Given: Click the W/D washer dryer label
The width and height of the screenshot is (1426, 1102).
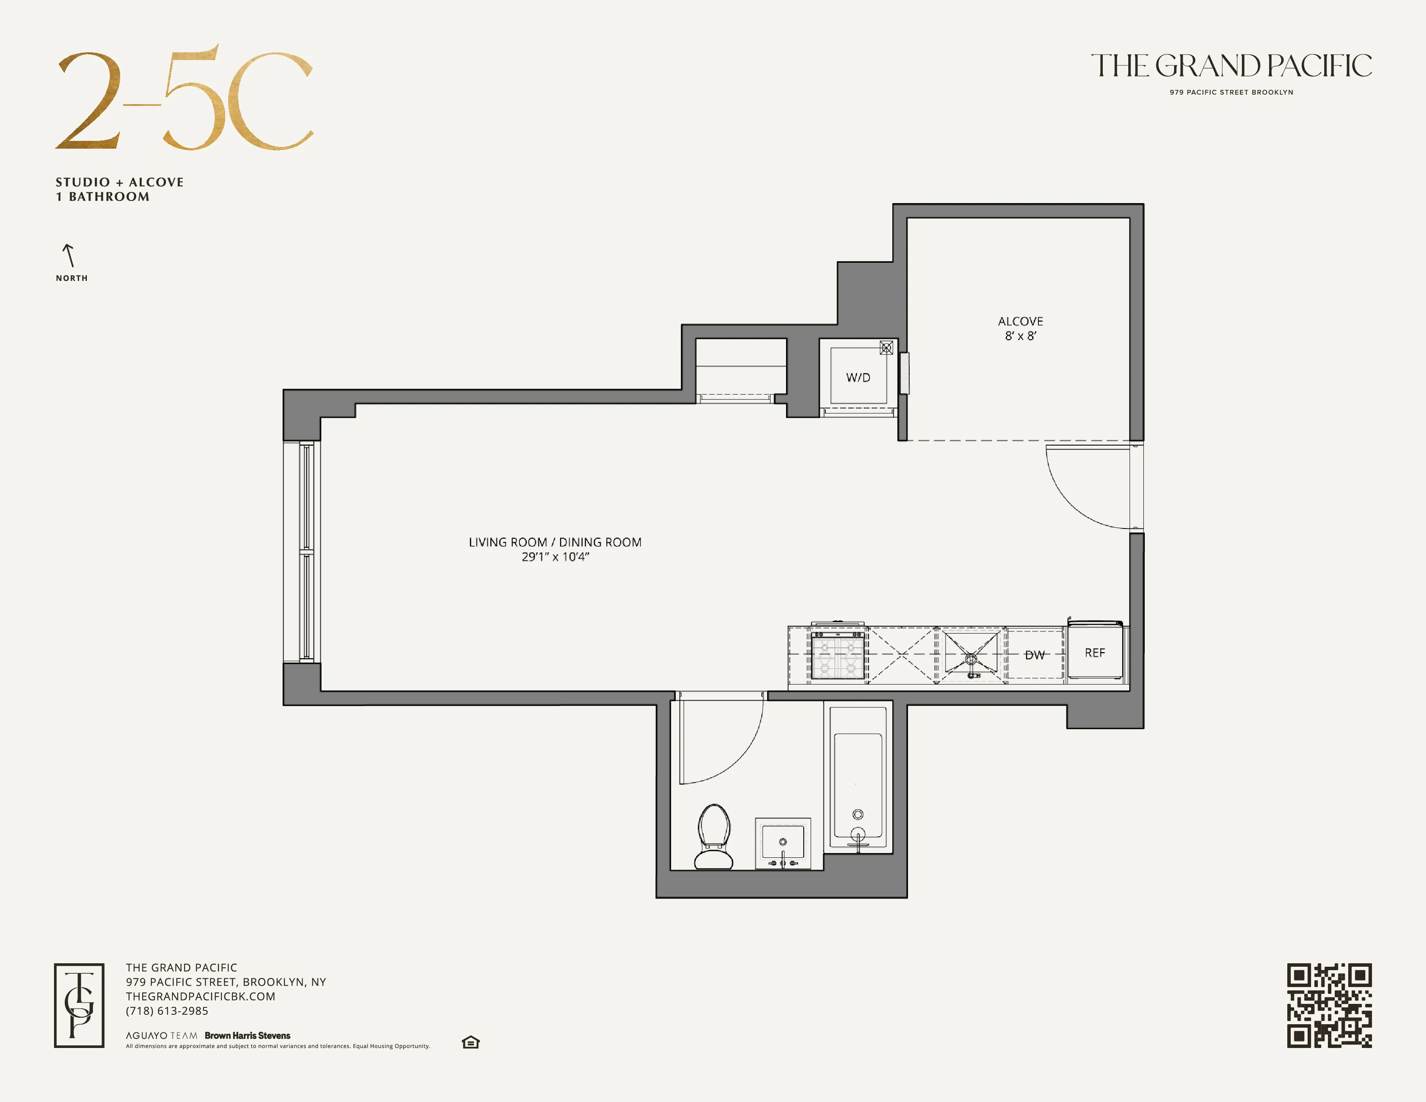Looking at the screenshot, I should pyautogui.click(x=858, y=377).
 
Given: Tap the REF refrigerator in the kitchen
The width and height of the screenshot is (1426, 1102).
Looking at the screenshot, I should pyautogui.click(x=1095, y=653).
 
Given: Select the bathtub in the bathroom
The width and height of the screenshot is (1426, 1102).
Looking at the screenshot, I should pyautogui.click(x=858, y=780).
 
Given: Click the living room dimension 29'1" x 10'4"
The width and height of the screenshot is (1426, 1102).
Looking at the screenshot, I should pyautogui.click(x=555, y=557).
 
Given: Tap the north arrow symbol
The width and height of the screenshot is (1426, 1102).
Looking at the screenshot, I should pyautogui.click(x=69, y=255).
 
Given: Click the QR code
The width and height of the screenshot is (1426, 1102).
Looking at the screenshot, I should pyautogui.click(x=1329, y=1005).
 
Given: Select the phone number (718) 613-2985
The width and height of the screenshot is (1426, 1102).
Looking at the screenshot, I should pyautogui.click(x=167, y=1011).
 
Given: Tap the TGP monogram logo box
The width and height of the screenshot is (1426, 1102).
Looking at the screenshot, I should pyautogui.click(x=79, y=1005).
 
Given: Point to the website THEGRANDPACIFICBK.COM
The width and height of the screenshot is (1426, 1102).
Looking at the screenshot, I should pyautogui.click(x=201, y=996).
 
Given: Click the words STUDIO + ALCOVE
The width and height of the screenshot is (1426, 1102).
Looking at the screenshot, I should pyautogui.click(x=120, y=182).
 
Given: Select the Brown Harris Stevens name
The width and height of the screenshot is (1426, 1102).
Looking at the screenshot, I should pyautogui.click(x=248, y=1035).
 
